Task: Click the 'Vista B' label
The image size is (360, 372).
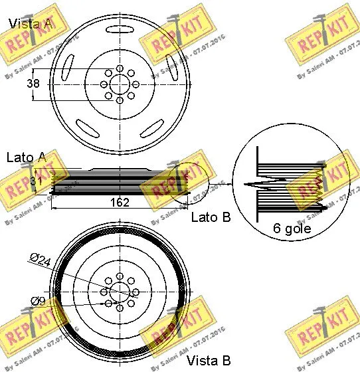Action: coord(208,360)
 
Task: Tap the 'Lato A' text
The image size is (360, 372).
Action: coord(26,157)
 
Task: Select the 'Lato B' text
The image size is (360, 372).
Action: coord(211,217)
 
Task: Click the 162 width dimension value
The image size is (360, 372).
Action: coord(120,203)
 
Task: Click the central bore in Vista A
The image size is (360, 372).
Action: coord(120,84)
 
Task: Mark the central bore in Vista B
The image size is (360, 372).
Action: coord(120,292)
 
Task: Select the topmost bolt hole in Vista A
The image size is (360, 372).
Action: coord(120,68)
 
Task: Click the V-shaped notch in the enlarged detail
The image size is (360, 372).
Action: coord(256,183)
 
